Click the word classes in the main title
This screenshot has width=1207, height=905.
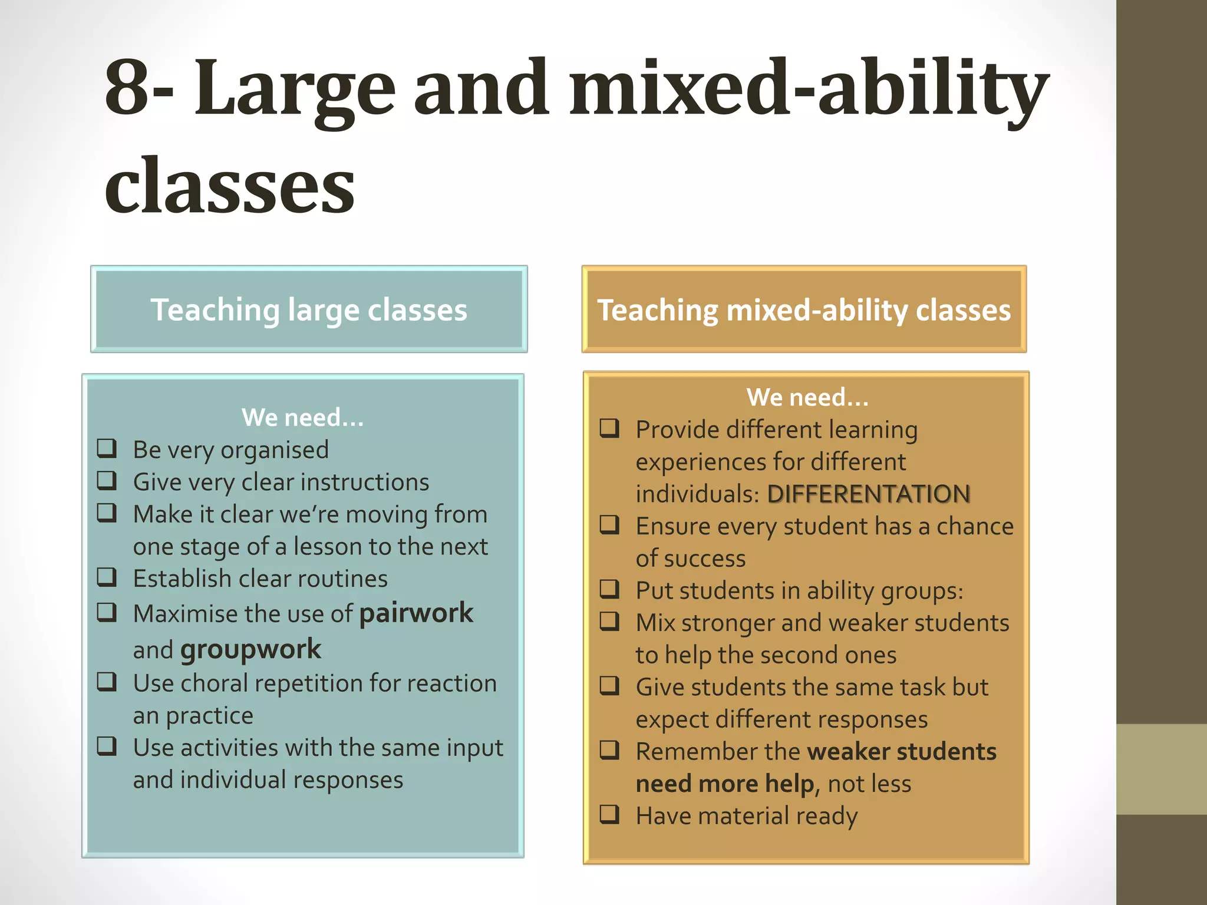(230, 185)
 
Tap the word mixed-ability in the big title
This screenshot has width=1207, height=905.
(808, 88)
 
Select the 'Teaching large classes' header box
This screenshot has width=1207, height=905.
(309, 310)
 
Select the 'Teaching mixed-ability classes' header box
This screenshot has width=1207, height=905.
(804, 310)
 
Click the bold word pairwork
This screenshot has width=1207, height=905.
(416, 613)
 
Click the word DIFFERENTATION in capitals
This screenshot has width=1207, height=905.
(869, 494)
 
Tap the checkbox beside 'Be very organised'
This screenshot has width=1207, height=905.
(107, 448)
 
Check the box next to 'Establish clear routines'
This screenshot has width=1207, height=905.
(107, 577)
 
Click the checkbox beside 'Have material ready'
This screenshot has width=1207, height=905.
(609, 814)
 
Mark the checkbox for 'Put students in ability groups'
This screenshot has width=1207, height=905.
(609, 589)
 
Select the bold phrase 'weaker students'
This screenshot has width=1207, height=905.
(902, 752)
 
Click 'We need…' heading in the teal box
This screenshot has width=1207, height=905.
(302, 417)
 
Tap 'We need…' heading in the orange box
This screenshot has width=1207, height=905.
(807, 397)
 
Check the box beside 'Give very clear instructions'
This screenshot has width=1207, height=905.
(107, 481)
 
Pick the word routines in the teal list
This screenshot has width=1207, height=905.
(342, 579)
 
